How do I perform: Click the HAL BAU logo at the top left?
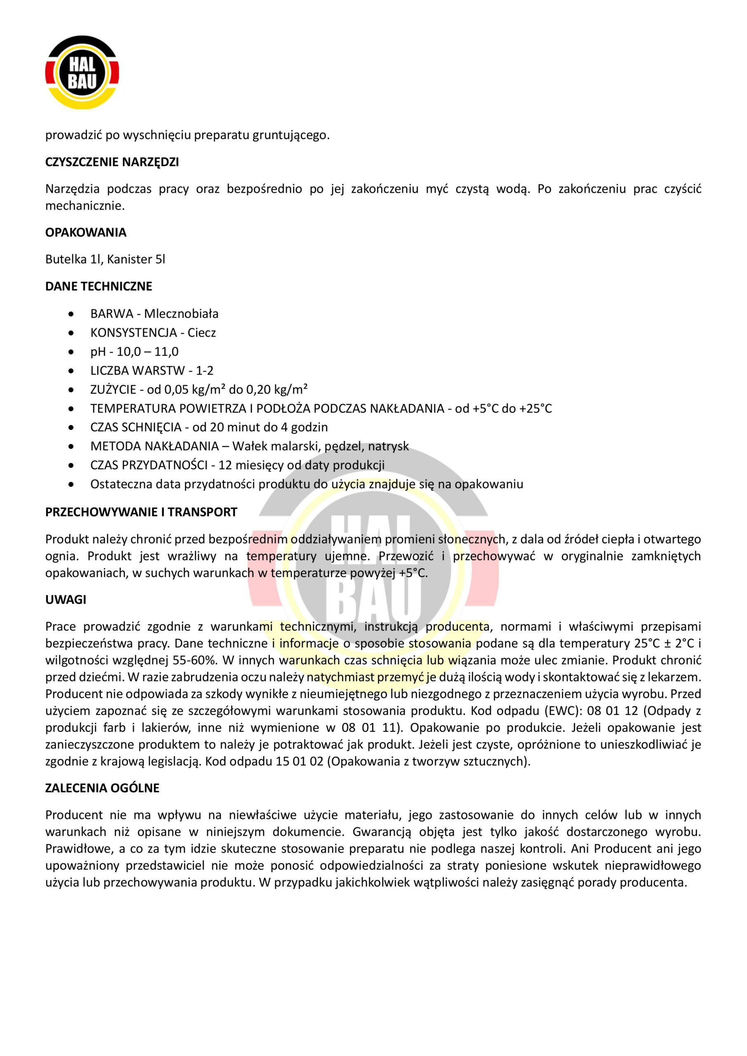pyautogui.click(x=82, y=73)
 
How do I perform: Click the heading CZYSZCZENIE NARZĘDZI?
pyautogui.click(x=112, y=163)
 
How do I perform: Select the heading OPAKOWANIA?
pyautogui.click(x=85, y=233)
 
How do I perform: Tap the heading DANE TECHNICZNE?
pyautogui.click(x=99, y=287)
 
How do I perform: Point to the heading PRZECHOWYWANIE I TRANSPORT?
pyautogui.click(x=141, y=512)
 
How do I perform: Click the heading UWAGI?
pyautogui.click(x=66, y=600)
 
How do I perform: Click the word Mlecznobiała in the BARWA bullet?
pyautogui.click(x=181, y=314)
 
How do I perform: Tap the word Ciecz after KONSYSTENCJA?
pyautogui.click(x=201, y=333)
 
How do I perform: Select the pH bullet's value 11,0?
pyautogui.click(x=166, y=352)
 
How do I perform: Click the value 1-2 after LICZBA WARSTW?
pyautogui.click(x=205, y=371)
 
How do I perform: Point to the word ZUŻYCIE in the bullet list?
pyautogui.click(x=113, y=390)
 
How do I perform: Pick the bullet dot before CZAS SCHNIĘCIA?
pyautogui.click(x=71, y=428)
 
